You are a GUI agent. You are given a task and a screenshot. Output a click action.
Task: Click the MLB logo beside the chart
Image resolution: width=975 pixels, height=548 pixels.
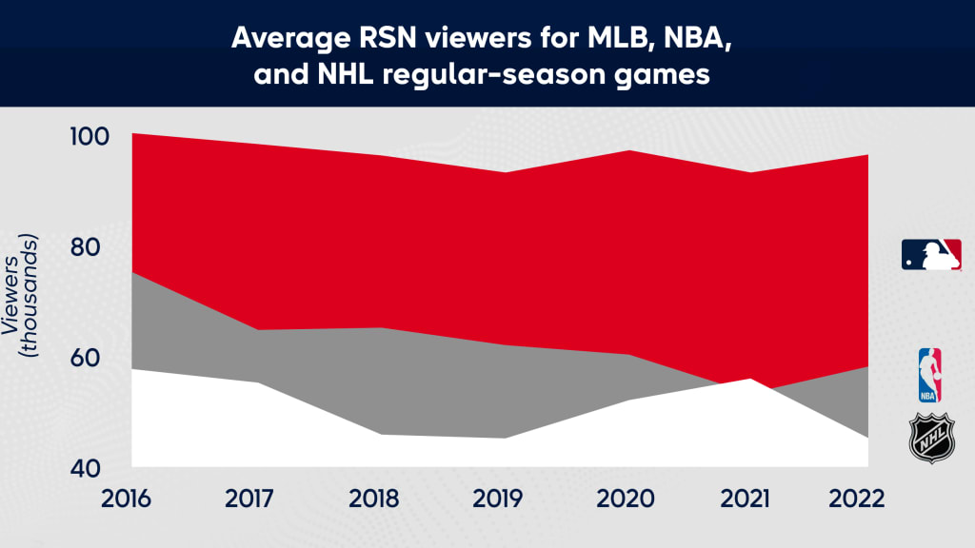tap(931, 255)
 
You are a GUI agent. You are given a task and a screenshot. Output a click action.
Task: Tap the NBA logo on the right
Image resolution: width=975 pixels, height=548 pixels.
tap(928, 375)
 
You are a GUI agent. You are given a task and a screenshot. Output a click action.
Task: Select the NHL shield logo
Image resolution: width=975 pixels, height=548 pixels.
tap(930, 439)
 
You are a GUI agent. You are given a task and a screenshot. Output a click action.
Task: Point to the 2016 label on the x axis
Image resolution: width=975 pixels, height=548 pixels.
tap(131, 498)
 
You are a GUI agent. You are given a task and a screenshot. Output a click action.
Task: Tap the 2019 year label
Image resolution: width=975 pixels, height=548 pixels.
tap(500, 498)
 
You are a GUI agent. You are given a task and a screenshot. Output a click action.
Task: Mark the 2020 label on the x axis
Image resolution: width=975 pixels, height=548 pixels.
tap(623, 498)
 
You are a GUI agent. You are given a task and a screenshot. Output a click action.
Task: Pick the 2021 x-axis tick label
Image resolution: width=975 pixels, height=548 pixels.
tap(746, 498)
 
